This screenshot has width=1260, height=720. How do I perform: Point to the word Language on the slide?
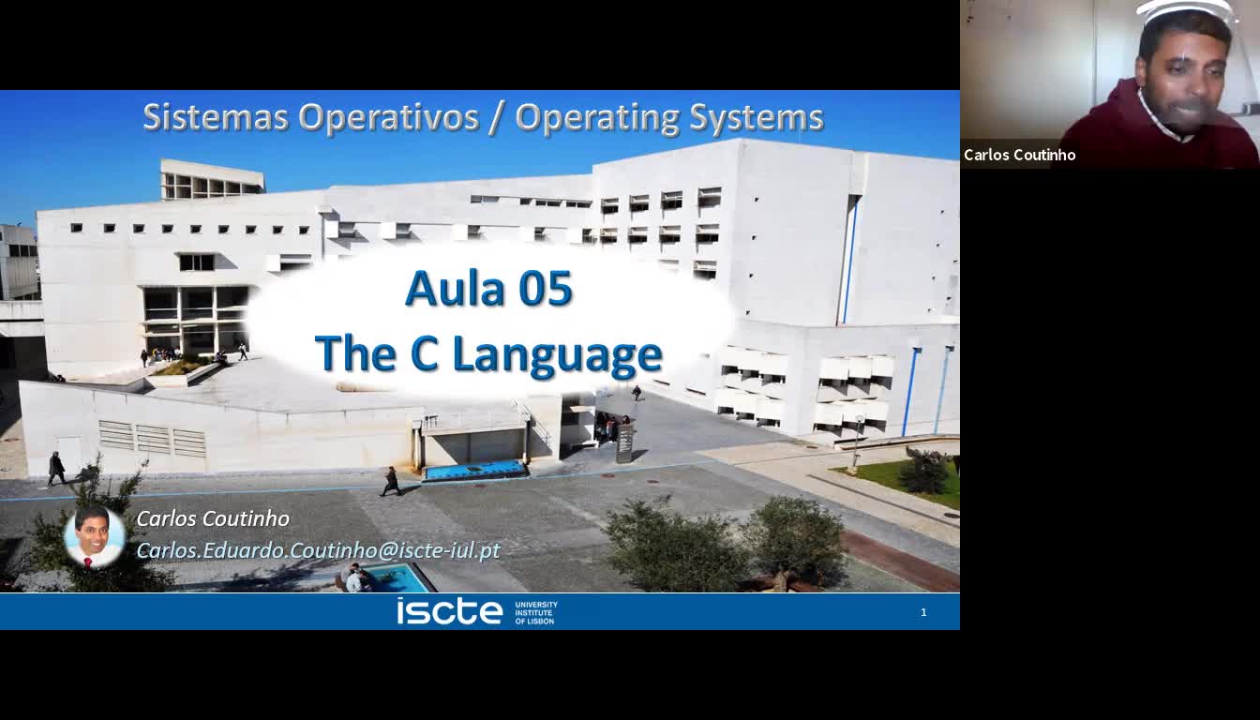[557, 354]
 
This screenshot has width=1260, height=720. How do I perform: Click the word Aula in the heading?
[456, 289]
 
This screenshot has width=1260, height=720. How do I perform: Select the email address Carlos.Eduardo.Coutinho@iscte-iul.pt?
[319, 550]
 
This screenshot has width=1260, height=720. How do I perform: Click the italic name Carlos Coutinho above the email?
[213, 518]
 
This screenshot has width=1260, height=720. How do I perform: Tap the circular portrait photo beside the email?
[93, 537]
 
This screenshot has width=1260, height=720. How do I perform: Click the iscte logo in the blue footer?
[449, 611]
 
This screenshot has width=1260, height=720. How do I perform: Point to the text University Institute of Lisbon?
[535, 612]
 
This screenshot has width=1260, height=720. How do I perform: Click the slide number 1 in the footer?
[923, 612]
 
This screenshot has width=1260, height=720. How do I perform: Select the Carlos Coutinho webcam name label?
[1019, 155]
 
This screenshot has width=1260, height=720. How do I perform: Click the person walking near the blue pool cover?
[391, 481]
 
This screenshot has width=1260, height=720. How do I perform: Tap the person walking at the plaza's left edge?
[56, 468]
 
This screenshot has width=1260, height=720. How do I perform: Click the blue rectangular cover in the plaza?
[475, 470]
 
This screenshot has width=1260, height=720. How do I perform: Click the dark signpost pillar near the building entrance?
[624, 443]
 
